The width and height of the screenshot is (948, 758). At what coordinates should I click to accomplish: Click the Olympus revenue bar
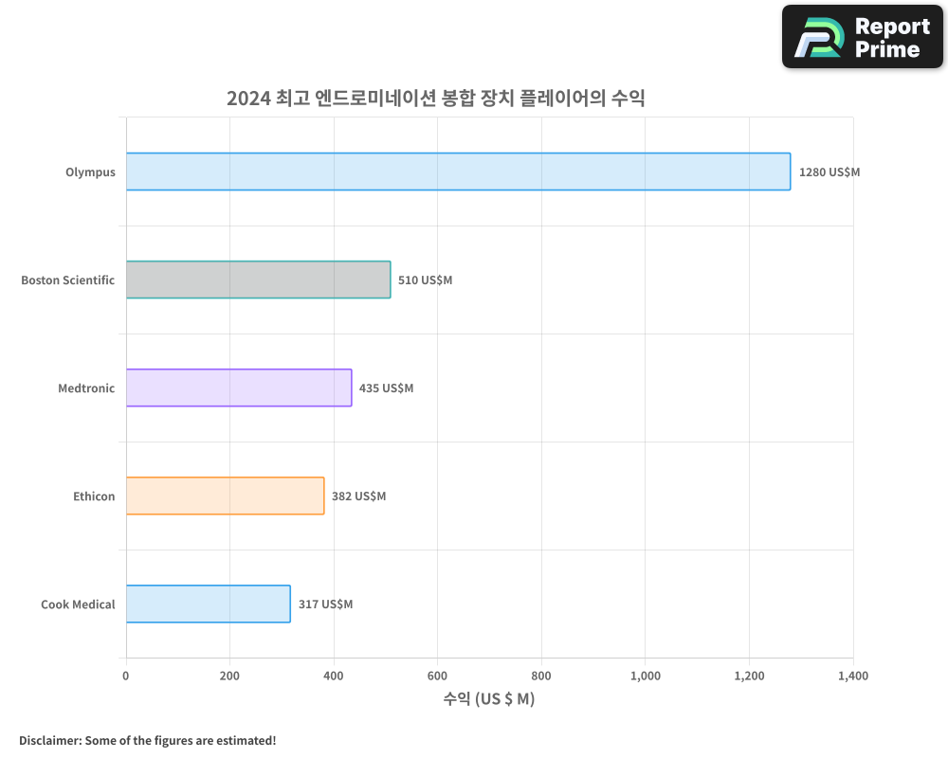tap(458, 171)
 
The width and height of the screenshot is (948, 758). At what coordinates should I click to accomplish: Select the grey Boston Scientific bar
tap(258, 280)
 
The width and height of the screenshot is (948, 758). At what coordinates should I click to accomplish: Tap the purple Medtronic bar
tap(239, 388)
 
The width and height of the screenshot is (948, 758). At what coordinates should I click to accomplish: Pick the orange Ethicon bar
tap(225, 496)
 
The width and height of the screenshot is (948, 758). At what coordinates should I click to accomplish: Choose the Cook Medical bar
tap(208, 604)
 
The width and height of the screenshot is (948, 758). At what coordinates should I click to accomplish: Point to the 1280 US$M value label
tap(829, 172)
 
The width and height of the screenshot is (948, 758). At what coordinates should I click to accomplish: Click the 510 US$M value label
tap(425, 280)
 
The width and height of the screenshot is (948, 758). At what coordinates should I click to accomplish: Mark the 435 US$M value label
tap(386, 388)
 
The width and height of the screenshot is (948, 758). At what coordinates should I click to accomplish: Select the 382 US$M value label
tap(358, 496)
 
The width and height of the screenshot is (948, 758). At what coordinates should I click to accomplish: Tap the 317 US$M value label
tap(325, 605)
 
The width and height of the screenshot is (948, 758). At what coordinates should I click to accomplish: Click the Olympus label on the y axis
tap(90, 172)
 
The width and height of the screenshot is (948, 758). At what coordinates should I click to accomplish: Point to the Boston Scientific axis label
tap(68, 280)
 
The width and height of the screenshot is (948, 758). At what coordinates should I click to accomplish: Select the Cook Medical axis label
tap(78, 605)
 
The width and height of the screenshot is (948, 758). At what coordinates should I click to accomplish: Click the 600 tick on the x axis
tap(437, 676)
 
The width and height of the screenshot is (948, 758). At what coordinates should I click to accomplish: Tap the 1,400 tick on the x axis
tap(852, 676)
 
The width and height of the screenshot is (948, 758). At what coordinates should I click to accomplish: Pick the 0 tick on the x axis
tap(126, 676)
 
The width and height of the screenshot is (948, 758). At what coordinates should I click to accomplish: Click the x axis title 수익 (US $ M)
tap(489, 699)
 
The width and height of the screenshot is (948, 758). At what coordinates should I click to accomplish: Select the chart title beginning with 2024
tap(435, 98)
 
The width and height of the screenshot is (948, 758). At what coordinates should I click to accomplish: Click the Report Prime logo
tap(863, 37)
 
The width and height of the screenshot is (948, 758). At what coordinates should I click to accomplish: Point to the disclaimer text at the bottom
tap(148, 740)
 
